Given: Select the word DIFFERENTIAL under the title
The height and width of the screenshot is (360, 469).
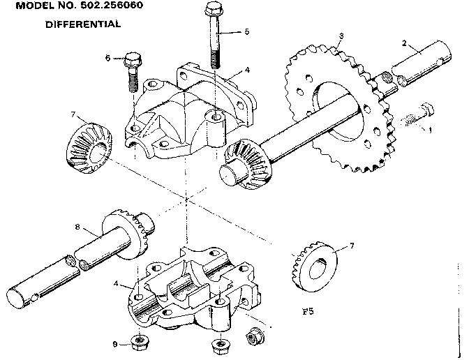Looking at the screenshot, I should pyautogui.click(x=83, y=24).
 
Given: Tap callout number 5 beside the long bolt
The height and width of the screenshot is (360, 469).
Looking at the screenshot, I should pyautogui.click(x=246, y=31).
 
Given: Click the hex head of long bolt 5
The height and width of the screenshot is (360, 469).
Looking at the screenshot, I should pyautogui.click(x=214, y=10).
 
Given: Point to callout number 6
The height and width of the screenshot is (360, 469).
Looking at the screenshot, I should pyautogui.click(x=108, y=58).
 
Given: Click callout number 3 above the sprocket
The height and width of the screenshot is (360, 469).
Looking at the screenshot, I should pyautogui.click(x=340, y=36).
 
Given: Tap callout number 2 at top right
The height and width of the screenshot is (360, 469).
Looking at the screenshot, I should pyautogui.click(x=404, y=43).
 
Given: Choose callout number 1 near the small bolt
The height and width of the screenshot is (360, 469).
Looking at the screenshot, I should pyautogui.click(x=430, y=129).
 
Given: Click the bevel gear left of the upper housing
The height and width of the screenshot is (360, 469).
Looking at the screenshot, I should pyautogui.click(x=86, y=143).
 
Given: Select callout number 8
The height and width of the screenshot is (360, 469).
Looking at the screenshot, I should pyautogui.click(x=77, y=226).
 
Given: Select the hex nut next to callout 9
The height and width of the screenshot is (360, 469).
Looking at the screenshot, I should pyautogui.click(x=137, y=341).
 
